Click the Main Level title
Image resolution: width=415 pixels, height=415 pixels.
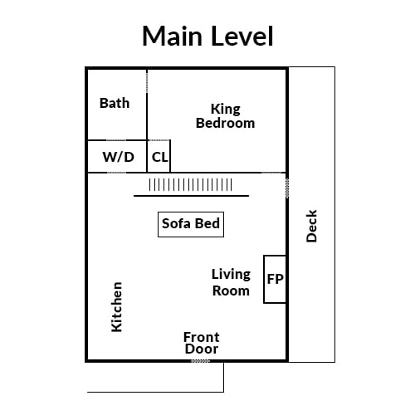click(x=207, y=36)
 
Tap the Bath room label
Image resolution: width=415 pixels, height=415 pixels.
click(x=115, y=103)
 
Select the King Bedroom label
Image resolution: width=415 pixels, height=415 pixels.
click(x=225, y=116)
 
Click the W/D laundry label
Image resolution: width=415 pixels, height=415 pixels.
click(x=118, y=157)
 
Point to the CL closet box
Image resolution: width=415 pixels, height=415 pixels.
click(x=159, y=156)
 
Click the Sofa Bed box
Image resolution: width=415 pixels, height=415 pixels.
click(x=191, y=224)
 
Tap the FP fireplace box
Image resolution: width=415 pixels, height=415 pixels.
click(x=275, y=279)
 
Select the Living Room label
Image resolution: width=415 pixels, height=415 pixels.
click(x=231, y=282)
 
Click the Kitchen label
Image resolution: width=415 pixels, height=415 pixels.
click(x=116, y=307)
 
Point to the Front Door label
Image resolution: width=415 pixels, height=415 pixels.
click(x=202, y=343)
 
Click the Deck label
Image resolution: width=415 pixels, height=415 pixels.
click(x=311, y=226)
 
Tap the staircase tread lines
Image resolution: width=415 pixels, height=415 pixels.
click(x=190, y=185)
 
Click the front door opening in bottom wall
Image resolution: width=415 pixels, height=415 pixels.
click(x=200, y=361)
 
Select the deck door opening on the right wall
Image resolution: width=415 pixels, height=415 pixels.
click(x=287, y=188)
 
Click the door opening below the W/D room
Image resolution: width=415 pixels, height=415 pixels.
click(x=116, y=173)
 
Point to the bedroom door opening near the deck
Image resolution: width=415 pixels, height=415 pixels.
click(x=272, y=173)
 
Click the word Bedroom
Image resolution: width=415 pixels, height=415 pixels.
click(x=225, y=123)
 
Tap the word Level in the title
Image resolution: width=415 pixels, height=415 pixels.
click(x=243, y=36)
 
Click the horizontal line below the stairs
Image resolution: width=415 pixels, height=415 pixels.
click(x=191, y=196)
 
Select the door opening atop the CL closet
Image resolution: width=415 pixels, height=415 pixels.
click(x=159, y=140)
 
